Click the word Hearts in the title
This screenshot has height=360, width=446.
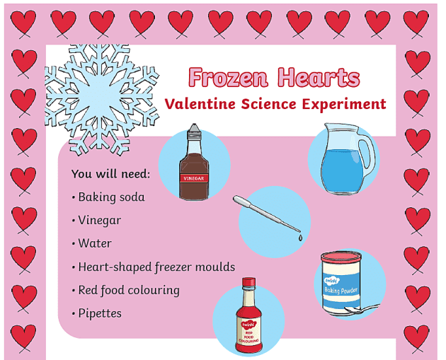click(317, 77)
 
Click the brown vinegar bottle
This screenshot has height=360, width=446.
click(194, 163)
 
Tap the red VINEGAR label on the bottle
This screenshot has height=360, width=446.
click(194, 178)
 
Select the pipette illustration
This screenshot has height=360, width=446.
click(269, 215)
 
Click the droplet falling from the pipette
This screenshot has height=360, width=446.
click(300, 239)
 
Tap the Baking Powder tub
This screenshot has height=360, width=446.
click(341, 281)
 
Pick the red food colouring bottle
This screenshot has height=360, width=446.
click(248, 318)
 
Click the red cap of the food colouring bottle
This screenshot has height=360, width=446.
click(248, 284)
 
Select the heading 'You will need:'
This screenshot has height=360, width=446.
click(110, 174)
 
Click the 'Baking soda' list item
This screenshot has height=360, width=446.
click(111, 197)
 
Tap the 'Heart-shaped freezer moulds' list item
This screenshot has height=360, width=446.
click(156, 267)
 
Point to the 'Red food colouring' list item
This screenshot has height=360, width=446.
click(128, 290)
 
